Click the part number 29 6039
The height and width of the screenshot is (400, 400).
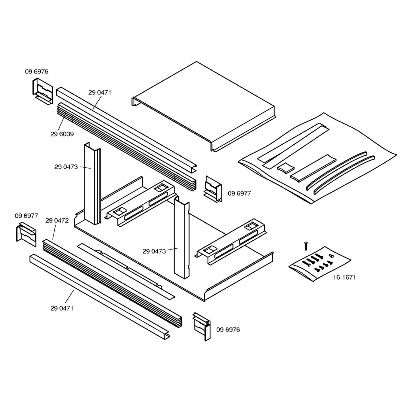point(62,134)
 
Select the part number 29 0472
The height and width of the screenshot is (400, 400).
point(57,220)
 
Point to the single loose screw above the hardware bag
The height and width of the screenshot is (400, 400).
point(305,246)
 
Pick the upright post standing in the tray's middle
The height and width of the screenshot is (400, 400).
point(182,238)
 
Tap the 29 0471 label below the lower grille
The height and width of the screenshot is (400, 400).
point(62,308)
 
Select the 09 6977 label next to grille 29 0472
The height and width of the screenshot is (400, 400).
point(26,216)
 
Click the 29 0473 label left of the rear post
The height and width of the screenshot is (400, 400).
point(66,167)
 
